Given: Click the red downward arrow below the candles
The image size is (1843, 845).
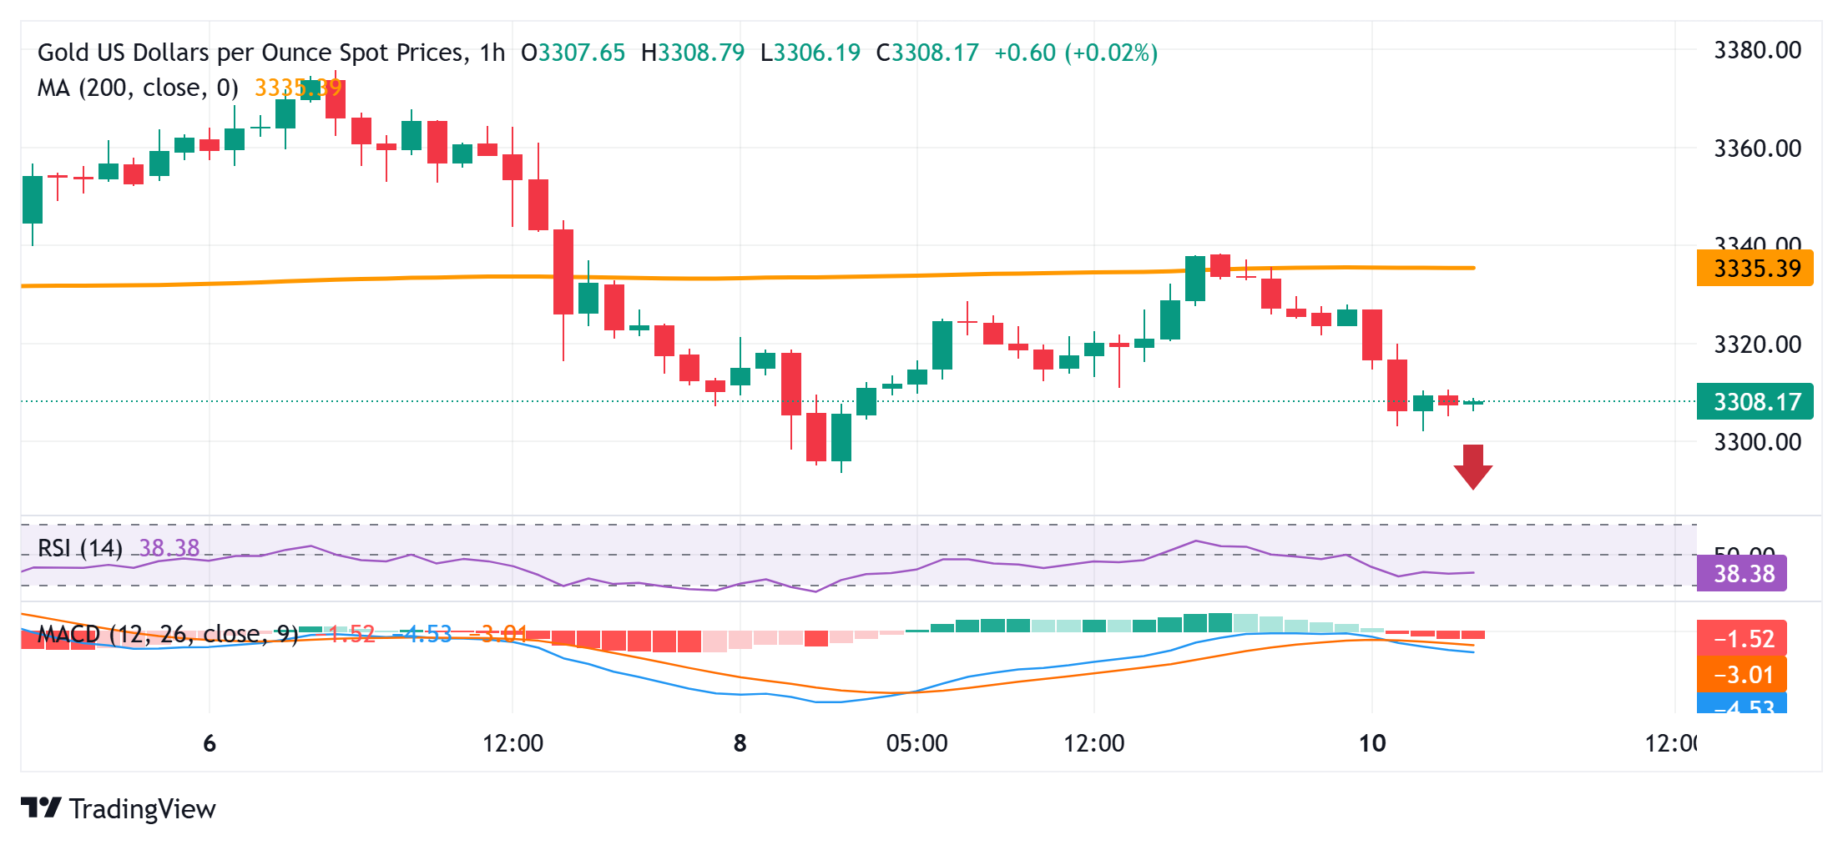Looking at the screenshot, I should [1472, 466].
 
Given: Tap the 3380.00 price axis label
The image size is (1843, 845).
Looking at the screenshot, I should [1757, 50].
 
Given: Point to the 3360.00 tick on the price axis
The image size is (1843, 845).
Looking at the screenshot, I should [1757, 148].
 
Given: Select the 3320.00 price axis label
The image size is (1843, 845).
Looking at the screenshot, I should [1757, 344].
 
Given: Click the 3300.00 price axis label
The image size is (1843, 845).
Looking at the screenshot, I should [1757, 441].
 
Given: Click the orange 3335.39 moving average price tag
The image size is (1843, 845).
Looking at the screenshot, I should [1755, 269].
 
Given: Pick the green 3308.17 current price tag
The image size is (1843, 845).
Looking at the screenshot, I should [1755, 402].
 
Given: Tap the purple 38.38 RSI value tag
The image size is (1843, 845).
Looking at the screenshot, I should [1742, 574].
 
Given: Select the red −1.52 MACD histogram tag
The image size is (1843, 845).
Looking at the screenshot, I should [1742, 639].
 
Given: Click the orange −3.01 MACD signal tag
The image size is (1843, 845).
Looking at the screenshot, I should [1742, 674].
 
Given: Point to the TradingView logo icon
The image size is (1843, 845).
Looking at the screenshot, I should [41, 807].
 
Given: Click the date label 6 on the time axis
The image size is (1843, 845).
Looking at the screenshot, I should [210, 743].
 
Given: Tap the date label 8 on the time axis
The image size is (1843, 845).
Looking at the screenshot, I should [740, 743].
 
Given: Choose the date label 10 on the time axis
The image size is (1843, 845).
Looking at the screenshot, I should [1372, 743].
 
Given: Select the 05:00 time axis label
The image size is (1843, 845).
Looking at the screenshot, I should [916, 743].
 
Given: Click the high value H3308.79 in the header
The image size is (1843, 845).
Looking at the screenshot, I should [692, 53].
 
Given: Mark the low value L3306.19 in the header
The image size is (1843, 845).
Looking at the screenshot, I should [810, 53].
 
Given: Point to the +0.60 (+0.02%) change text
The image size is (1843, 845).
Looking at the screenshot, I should [1076, 53].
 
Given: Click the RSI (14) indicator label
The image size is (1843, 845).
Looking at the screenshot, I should [80, 548].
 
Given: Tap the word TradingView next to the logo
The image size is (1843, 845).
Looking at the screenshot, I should [143, 809].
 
